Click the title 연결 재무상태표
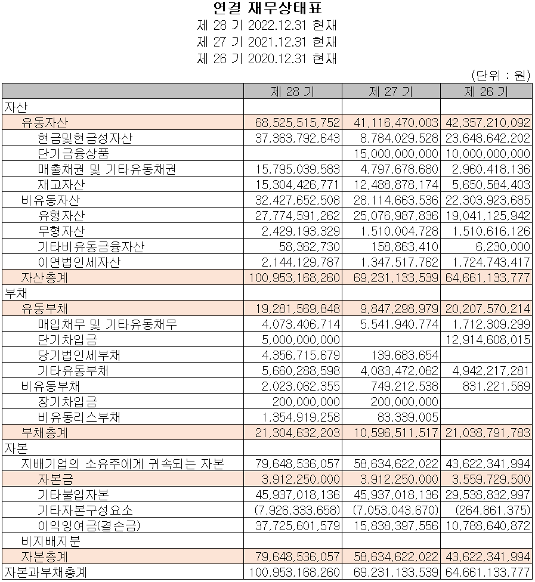(267, 8)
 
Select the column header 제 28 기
(292, 91)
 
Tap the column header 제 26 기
(485, 91)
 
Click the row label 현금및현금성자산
(85, 138)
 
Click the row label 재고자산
(61, 185)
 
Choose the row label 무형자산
(61, 231)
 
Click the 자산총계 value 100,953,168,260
(293, 278)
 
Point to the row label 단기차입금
(67, 340)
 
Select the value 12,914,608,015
(487, 340)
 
